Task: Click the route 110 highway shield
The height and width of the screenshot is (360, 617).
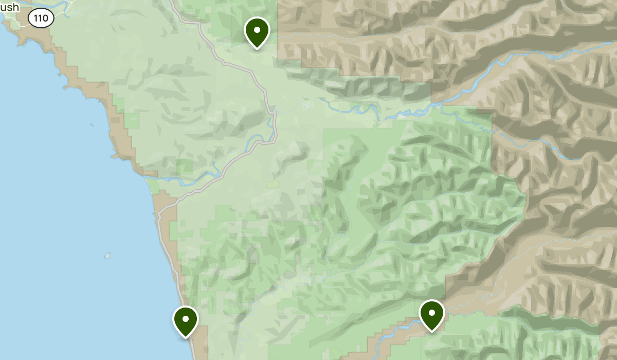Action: pos(41,19)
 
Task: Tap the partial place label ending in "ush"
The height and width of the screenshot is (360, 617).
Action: pos(9,7)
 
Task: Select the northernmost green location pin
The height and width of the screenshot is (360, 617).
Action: pos(257,32)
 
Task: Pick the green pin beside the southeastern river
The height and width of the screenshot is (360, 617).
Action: pos(431,315)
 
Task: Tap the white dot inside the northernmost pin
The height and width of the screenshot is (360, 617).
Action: pos(257,29)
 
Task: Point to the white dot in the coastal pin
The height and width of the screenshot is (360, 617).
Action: pos(186,319)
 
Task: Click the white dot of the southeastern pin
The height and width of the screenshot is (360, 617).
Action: pos(431,312)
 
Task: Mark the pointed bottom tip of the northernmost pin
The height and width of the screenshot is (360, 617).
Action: pos(257,49)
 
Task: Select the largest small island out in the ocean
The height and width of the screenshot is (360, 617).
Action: pos(107,255)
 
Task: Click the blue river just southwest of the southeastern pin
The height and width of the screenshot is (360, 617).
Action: pos(396,329)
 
